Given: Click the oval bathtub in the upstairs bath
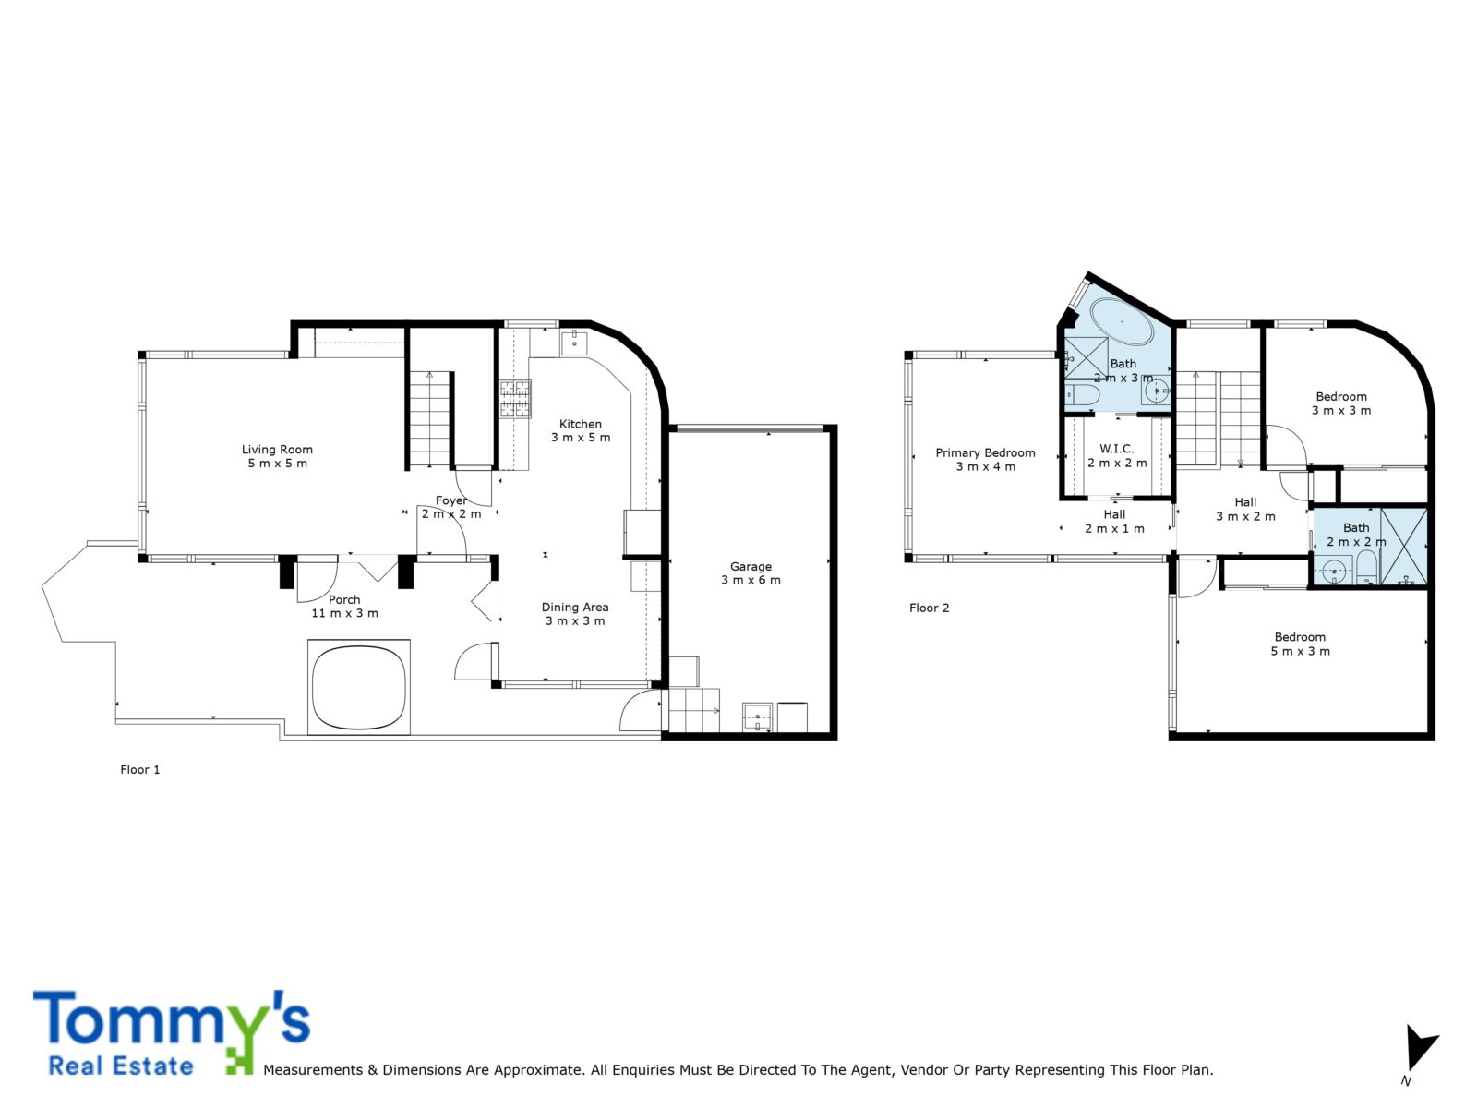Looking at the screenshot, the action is pyautogui.click(x=1122, y=321).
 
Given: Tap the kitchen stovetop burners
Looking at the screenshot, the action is pyautogui.click(x=515, y=399).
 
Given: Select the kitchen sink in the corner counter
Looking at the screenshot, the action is pyautogui.click(x=574, y=343).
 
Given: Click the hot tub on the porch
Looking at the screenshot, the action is pyautogui.click(x=359, y=687).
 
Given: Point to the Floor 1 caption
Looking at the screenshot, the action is pyautogui.click(x=140, y=770).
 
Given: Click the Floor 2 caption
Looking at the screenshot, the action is pyautogui.click(x=929, y=608).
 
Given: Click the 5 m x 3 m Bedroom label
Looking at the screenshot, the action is pyautogui.click(x=1300, y=644).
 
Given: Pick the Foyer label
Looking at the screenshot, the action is pyautogui.click(x=450, y=500).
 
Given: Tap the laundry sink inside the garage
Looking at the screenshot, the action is pyautogui.click(x=757, y=717).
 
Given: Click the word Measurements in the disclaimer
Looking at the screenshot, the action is pyautogui.click(x=313, y=1069).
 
